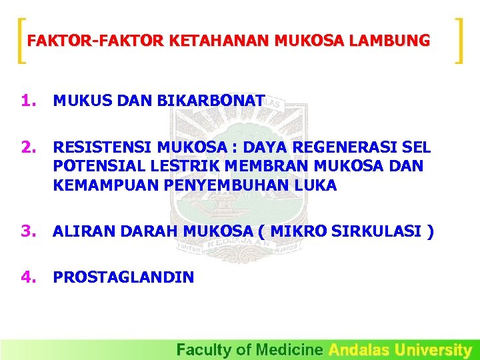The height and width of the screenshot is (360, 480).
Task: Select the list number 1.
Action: point(27,101)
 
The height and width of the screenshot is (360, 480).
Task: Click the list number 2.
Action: point(27,147)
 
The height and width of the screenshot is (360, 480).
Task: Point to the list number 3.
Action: point(27,231)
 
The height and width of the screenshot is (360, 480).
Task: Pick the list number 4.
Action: point(27,277)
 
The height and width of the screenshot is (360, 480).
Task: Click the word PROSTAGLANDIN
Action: point(123,277)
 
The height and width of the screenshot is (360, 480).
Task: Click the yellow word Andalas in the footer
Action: point(359,349)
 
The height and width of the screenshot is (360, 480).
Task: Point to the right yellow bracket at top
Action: point(459,41)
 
